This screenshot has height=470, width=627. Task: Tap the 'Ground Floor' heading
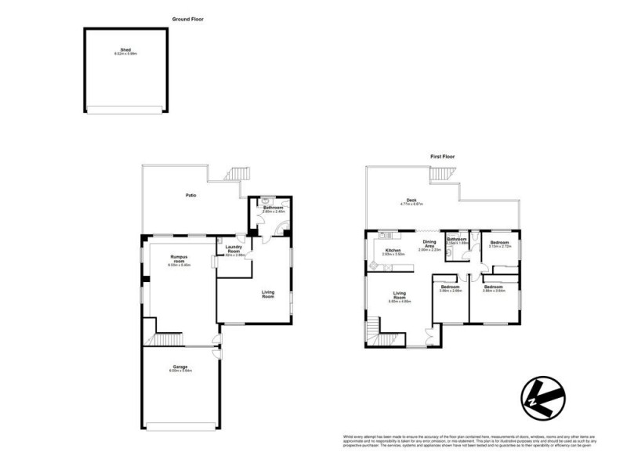click(188, 18)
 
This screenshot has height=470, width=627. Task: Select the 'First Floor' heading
click(443, 157)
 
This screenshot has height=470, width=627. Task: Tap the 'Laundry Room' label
click(234, 249)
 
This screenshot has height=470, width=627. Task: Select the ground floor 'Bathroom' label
click(272, 208)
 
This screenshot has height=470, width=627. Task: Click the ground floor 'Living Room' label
click(269, 295)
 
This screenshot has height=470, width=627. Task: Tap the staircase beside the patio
click(236, 175)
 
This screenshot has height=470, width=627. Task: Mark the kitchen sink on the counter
click(383, 234)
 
